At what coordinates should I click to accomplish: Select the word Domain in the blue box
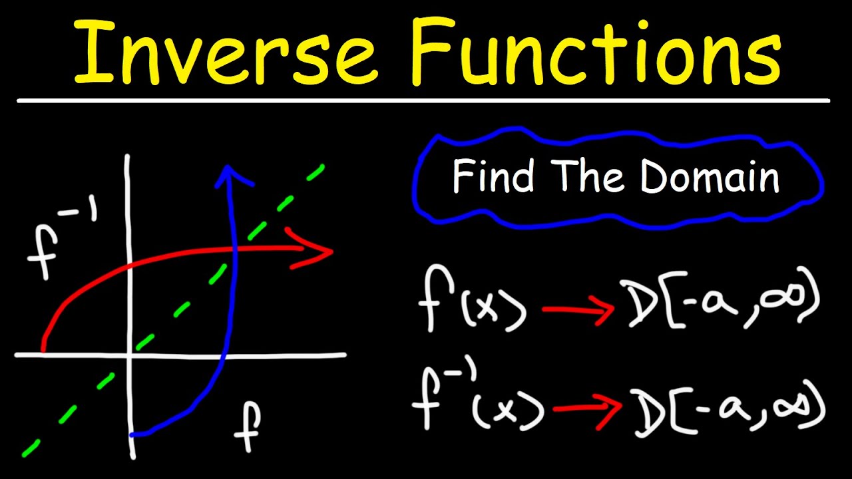[710, 177]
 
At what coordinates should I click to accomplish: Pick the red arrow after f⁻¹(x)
[589, 408]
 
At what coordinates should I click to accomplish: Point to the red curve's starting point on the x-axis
[43, 348]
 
